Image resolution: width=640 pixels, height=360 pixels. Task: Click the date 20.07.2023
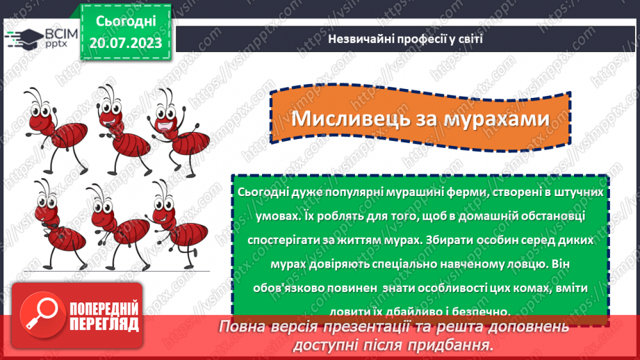coord(126,44)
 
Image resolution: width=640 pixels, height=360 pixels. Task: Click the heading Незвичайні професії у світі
coord(406,40)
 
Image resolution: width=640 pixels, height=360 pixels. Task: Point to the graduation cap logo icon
coord(24,38)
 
